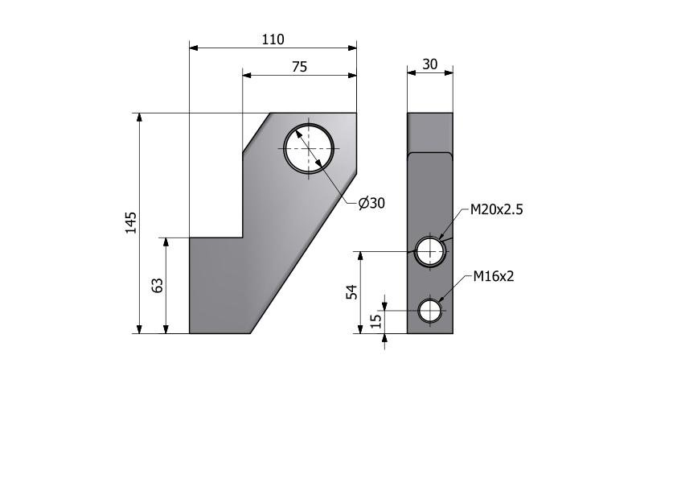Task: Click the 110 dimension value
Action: [273, 39]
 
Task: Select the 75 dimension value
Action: [299, 67]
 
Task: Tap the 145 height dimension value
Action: [131, 223]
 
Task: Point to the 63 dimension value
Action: [158, 285]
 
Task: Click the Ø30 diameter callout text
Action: [371, 203]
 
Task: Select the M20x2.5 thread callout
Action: [496, 209]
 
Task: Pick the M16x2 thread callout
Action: [494, 276]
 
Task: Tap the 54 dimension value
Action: [353, 292]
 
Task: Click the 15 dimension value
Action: [376, 320]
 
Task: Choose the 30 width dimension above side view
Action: [429, 64]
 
